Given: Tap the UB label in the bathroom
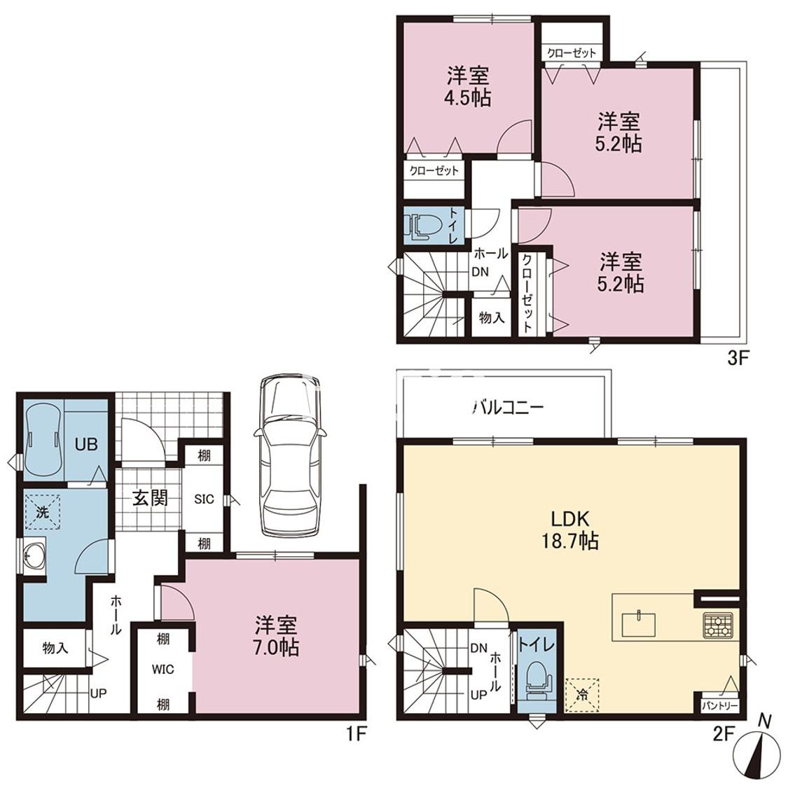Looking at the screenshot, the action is [x=86, y=444].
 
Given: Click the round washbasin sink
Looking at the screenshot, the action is [x=34, y=555].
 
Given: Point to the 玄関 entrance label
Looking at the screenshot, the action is [x=150, y=498].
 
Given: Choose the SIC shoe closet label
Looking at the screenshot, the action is [x=204, y=499].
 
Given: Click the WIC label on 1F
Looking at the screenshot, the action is [x=163, y=670].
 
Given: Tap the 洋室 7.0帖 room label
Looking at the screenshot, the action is [x=277, y=636].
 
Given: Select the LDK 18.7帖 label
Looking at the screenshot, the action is [x=569, y=530].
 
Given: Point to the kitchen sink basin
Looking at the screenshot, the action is [x=639, y=625].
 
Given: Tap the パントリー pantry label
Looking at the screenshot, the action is [x=720, y=706].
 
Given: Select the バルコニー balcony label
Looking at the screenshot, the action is [x=508, y=407].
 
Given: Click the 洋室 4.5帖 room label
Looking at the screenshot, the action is [x=467, y=87].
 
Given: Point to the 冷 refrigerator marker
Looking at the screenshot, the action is [x=583, y=696].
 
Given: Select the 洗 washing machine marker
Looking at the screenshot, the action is [x=42, y=512].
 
